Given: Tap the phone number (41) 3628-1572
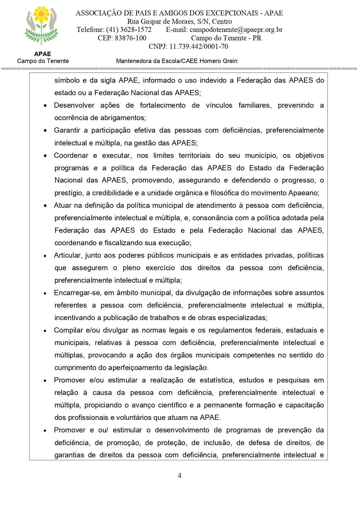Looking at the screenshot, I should coord(129,30).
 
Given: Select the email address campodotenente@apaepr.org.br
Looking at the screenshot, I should coord(236,30).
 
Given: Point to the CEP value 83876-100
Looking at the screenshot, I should coord(130,38).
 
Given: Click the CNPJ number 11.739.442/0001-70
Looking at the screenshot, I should coord(199,46).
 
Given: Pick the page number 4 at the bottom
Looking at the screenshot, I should coord(180,476).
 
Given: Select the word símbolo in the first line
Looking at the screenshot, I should coord(67,80).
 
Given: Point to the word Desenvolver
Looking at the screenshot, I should coord(74,105).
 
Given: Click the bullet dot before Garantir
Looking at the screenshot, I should coord(45,131).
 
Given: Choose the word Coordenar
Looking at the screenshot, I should coord(71,156).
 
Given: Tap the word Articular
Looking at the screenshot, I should coord(68,255).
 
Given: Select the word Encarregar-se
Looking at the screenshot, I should coord(77,293).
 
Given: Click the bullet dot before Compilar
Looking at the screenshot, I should coord(45,331).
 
